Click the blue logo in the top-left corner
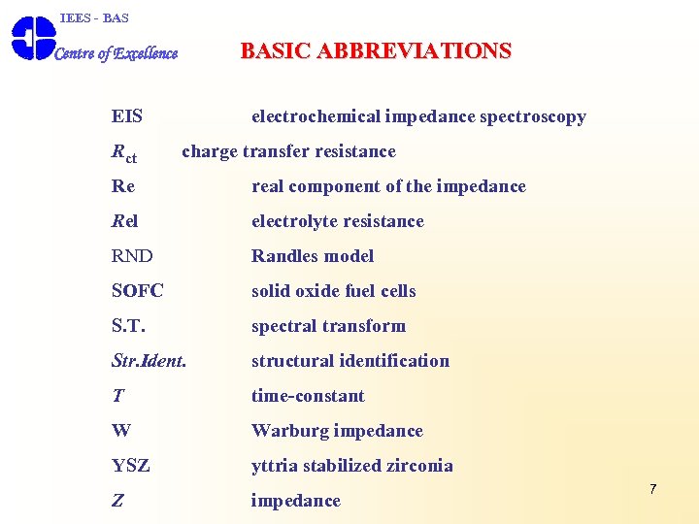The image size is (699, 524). click(32, 39)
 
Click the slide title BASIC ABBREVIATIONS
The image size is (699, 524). click(376, 51)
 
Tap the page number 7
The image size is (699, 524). click(652, 489)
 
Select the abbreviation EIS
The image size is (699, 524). click(127, 116)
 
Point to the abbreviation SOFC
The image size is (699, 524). click(138, 291)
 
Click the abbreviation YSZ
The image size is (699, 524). click(131, 466)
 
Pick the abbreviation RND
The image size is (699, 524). click(132, 256)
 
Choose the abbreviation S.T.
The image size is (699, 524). click(129, 326)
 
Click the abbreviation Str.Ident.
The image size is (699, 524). click(150, 361)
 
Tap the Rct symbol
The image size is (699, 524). click(123, 152)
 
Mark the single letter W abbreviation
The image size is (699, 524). click(121, 431)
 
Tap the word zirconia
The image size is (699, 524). click(416, 466)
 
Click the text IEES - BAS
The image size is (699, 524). click(94, 17)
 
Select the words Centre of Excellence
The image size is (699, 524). click(116, 53)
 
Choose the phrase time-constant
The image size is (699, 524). click(308, 396)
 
